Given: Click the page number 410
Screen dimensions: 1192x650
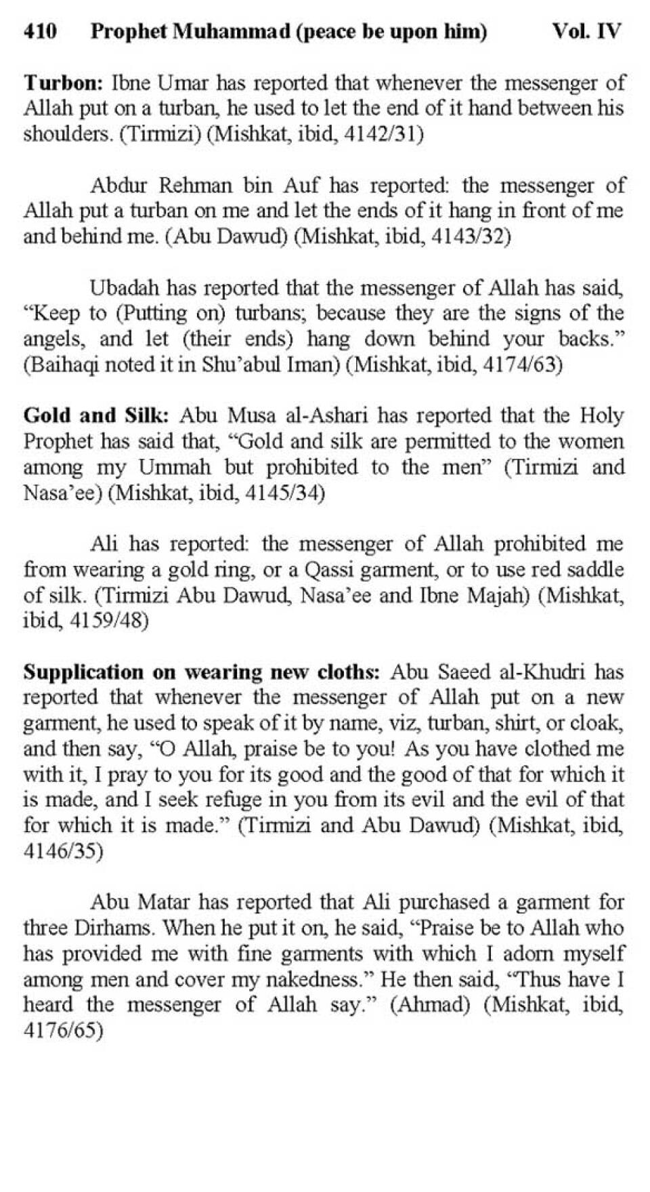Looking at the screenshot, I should click(x=40, y=31).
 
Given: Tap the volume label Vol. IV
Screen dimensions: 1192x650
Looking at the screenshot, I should click(x=586, y=31).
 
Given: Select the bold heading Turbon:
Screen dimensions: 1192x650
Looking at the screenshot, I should click(x=63, y=83).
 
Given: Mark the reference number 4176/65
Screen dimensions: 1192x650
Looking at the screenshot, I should click(x=63, y=1031).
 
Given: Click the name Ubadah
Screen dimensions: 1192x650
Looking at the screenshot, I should click(x=125, y=288).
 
